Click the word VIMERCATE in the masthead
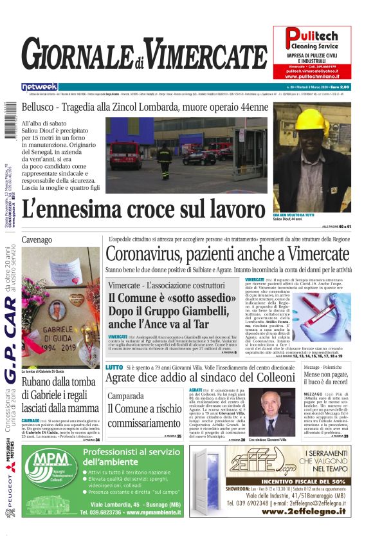(x=204, y=53)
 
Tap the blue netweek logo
(x=39, y=86)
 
